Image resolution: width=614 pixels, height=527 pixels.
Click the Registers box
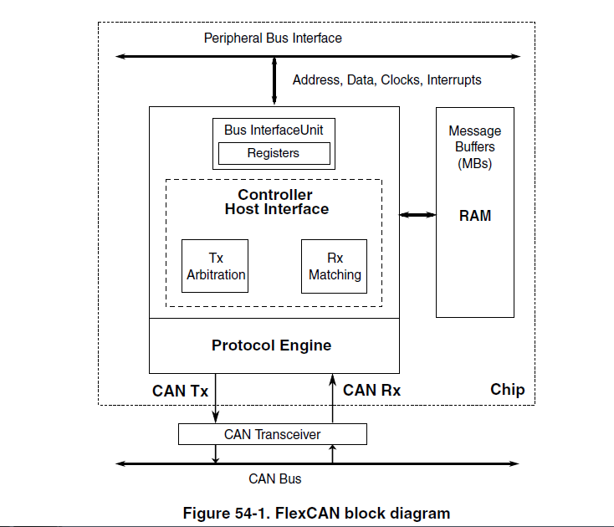pos(274,153)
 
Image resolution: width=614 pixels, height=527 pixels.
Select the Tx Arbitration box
pos(215,266)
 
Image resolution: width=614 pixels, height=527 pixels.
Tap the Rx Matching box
pos(335,266)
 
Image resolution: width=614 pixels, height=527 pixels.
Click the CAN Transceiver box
pos(273,434)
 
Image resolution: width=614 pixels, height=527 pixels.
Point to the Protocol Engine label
pos(271,345)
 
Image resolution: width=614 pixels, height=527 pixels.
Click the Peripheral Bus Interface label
pos(273,38)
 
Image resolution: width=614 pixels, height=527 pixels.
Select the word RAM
pos(475,216)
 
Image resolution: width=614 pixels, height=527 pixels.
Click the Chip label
pos(507,390)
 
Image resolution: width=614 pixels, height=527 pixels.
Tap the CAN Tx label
pos(180,391)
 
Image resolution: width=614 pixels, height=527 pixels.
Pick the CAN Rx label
pos(371,390)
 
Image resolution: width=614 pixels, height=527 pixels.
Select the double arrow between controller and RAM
pos(417,216)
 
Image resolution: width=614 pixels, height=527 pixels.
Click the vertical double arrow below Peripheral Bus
pos(274,80)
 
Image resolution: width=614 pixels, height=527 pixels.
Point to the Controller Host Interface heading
pos(275,202)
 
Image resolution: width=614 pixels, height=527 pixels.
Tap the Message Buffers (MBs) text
pos(475,147)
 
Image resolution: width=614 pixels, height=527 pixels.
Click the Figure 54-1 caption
pos(316,513)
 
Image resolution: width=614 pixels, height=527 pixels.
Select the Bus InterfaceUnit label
pos(274,130)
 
